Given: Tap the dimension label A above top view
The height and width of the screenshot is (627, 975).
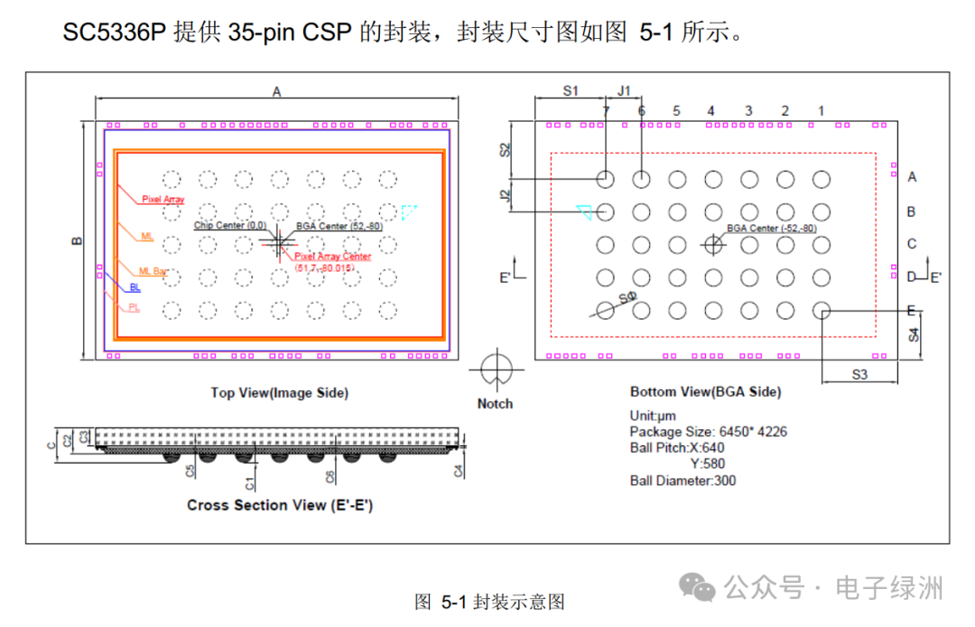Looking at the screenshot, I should pyautogui.click(x=277, y=91).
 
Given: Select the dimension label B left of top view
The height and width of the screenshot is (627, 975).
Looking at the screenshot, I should pyautogui.click(x=78, y=241).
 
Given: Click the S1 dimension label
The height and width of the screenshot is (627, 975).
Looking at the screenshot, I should pyautogui.click(x=570, y=90).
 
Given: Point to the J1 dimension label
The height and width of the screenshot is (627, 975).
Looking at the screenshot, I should pyautogui.click(x=624, y=90).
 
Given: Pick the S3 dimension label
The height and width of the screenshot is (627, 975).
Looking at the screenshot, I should pyautogui.click(x=859, y=373).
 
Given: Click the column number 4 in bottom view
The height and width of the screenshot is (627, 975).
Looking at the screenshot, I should pyautogui.click(x=711, y=111).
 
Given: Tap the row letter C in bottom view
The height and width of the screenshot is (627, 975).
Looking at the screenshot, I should pyautogui.click(x=912, y=244).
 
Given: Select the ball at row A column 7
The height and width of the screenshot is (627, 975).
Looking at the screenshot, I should pyautogui.click(x=605, y=179).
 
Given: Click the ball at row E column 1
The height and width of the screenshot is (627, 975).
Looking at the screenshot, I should pyautogui.click(x=822, y=311).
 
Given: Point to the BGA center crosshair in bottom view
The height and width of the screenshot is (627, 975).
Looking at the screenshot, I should pyautogui.click(x=713, y=244).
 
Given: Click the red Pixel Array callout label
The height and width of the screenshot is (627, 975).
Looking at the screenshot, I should pyautogui.click(x=163, y=198).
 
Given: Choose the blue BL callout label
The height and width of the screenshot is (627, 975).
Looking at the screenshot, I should pyautogui.click(x=135, y=287).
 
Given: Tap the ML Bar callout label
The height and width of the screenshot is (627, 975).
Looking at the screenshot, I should pyautogui.click(x=153, y=271).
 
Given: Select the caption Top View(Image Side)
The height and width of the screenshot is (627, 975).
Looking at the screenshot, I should pyautogui.click(x=279, y=392).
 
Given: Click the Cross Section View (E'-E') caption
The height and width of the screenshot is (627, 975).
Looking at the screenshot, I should pyautogui.click(x=279, y=505).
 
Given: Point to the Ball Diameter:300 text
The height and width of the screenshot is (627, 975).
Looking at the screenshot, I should pyautogui.click(x=682, y=481).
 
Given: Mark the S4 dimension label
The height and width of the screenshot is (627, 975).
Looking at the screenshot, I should pyautogui.click(x=914, y=334).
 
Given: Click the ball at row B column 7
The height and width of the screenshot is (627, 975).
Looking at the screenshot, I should pyautogui.click(x=605, y=212).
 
